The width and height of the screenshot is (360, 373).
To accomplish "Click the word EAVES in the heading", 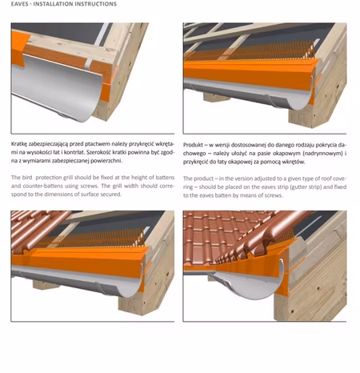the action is tap(19, 4).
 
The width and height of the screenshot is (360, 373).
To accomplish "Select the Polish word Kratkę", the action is tap(19, 144).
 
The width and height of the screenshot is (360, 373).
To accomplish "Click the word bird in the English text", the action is tap(28, 178).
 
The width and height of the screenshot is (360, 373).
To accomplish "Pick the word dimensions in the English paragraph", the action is tap(57, 195).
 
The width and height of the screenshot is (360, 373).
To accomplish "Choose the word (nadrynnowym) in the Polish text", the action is tap(322, 154).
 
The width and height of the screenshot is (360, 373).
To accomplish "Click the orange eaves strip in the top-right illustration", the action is tap(250, 73).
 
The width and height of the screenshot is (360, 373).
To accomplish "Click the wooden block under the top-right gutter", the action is tap(217, 97).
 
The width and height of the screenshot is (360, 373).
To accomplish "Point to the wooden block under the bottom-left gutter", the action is tap(47, 284).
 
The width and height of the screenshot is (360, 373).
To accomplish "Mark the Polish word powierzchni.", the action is tap(109, 161).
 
